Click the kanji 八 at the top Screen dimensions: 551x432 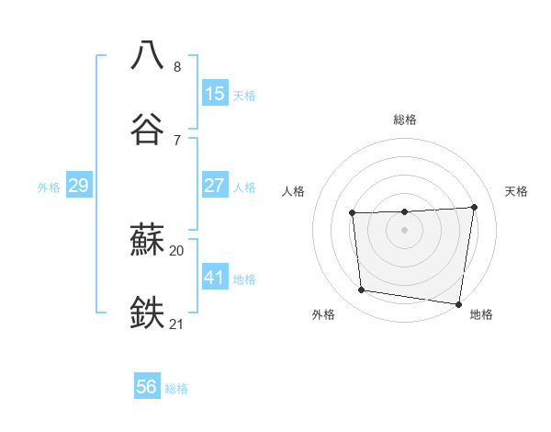tap(148, 55)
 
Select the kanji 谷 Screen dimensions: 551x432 tap(148, 129)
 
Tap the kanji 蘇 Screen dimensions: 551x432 tap(148, 241)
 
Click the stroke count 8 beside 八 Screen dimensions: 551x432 tap(177, 67)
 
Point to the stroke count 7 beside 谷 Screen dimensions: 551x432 tap(177, 140)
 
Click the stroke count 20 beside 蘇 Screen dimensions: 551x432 tap(177, 250)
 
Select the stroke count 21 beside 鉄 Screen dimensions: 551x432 tap(177, 324)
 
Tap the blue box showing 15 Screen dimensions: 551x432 tap(215, 94)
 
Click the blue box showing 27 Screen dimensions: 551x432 tap(215, 186)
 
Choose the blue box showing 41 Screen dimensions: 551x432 tap(215, 277)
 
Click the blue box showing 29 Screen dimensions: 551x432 tap(78, 186)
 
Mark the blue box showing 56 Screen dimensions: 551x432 tap(147, 387)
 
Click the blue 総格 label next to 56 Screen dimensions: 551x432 tap(176, 389)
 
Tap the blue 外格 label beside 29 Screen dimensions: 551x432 tap(49, 188)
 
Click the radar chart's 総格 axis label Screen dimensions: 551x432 tap(405, 119)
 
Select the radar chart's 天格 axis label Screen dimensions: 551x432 tap(516, 191)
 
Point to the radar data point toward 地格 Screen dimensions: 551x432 tap(458, 303)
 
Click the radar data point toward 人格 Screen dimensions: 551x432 tap(353, 213)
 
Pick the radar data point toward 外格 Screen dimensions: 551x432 tap(362, 290)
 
